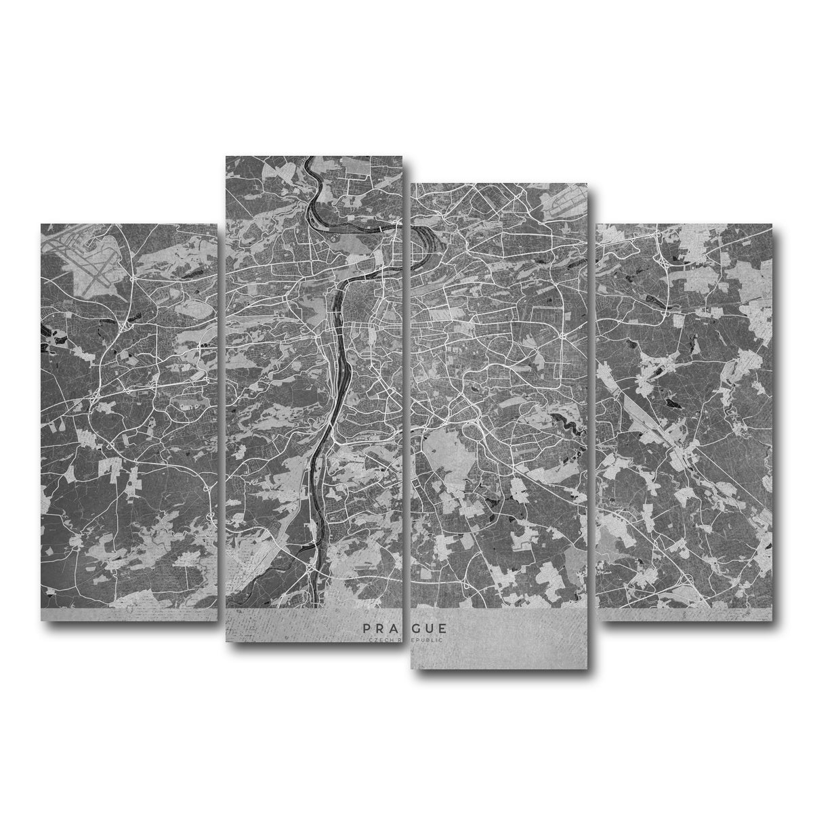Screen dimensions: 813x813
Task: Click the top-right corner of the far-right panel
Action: point(771,224)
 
